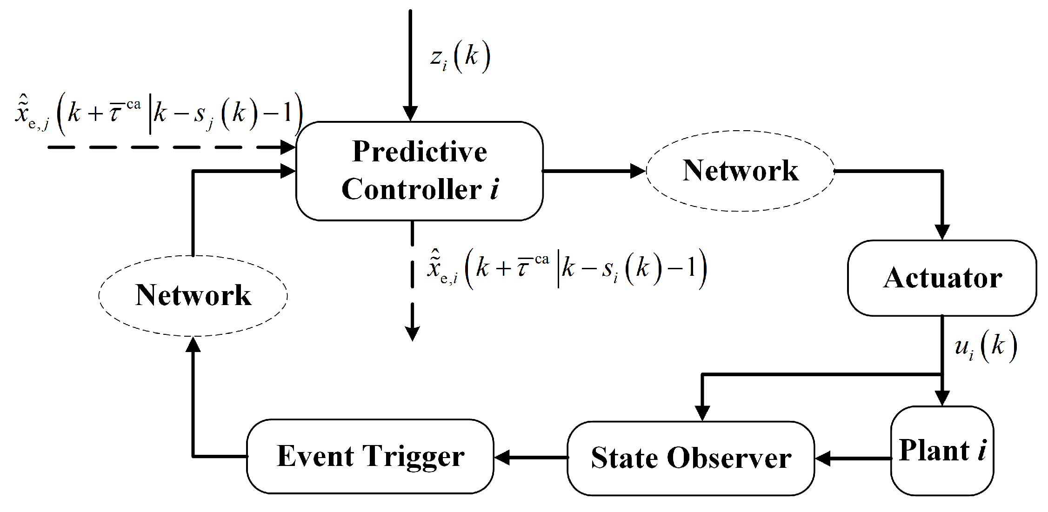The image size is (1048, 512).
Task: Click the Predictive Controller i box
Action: [419, 171]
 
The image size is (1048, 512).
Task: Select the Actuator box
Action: [942, 278]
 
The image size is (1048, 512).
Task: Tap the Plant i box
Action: [942, 450]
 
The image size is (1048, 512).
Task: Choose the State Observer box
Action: [691, 458]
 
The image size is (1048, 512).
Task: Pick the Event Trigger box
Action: [370, 456]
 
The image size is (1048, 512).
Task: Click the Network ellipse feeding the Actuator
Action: [740, 171]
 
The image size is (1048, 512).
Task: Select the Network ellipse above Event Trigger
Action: [193, 295]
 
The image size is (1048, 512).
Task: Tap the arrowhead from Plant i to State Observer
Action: [823, 459]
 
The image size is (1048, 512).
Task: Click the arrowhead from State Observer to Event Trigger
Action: [502, 458]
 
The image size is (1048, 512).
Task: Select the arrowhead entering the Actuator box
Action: [942, 233]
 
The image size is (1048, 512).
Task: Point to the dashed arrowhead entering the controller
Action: [288, 148]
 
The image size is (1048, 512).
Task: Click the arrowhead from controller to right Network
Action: [638, 171]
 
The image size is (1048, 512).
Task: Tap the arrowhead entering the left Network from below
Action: [193, 344]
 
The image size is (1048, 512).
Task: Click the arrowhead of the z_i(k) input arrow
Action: [410, 113]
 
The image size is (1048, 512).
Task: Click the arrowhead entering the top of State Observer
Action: [702, 413]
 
